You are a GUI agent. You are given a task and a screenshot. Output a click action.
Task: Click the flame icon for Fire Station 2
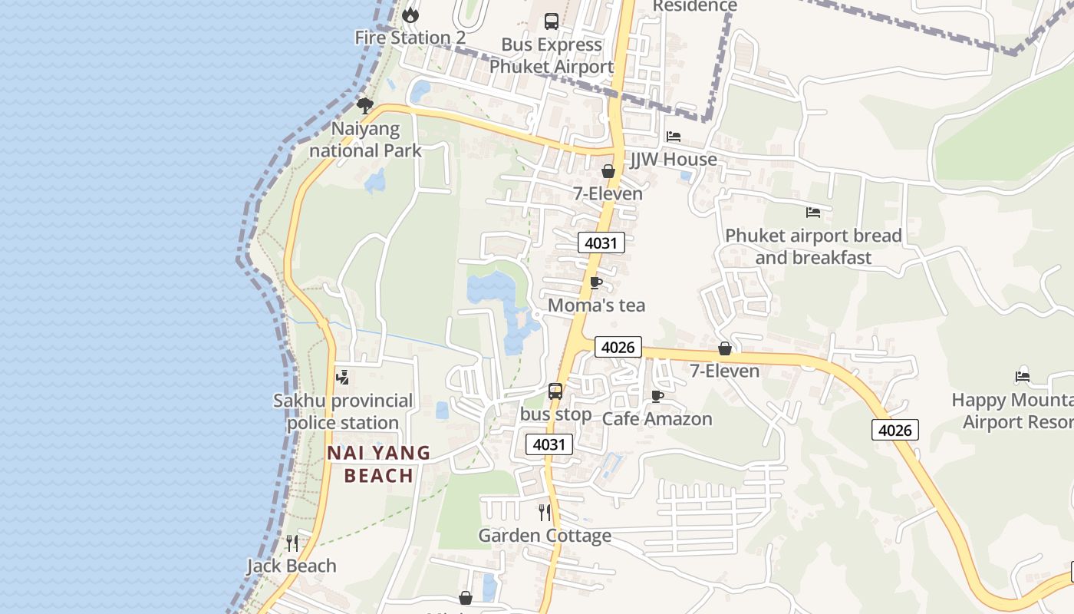(410, 15)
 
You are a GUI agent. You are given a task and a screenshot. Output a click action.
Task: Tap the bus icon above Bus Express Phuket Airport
(552, 21)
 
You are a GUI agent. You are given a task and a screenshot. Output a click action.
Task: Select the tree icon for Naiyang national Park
(365, 105)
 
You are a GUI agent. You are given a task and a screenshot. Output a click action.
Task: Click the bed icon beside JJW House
(674, 137)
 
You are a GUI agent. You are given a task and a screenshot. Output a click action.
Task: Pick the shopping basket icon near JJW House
(608, 171)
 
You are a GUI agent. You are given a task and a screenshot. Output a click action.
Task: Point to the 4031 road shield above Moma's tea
(601, 243)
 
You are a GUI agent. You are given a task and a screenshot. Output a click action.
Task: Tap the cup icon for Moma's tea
(596, 282)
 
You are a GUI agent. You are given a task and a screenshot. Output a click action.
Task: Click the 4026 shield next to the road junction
(618, 347)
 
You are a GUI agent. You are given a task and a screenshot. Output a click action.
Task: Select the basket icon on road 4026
(725, 349)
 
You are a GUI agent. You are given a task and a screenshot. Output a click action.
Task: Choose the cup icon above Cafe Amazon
(657, 396)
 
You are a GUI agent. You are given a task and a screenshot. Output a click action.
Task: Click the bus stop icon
(555, 391)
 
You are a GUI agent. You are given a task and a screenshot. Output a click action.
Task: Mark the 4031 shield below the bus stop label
(549, 444)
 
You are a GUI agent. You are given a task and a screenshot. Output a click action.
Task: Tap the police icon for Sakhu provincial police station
(343, 378)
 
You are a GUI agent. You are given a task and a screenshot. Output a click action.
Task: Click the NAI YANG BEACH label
(379, 464)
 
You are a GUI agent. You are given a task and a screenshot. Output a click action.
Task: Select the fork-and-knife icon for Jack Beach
(292, 543)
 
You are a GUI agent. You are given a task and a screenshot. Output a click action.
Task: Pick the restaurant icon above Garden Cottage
(545, 512)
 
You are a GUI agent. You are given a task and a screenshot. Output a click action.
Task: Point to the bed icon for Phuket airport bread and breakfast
(813, 213)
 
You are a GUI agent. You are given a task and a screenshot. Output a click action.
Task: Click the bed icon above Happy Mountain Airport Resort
(1023, 377)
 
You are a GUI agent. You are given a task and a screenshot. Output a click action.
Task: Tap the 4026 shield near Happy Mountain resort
(894, 430)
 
